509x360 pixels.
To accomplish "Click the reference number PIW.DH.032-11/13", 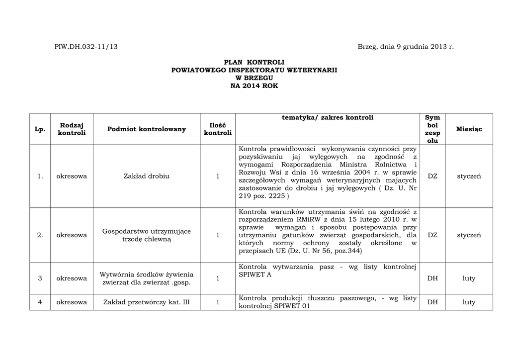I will [86, 47].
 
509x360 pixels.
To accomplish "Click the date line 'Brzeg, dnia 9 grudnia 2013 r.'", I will [406, 47].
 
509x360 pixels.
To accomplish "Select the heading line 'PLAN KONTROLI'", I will [254, 62].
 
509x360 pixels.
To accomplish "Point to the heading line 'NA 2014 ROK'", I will [254, 86].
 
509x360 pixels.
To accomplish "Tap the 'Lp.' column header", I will [40, 129].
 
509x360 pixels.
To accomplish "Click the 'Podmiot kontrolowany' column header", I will [147, 129].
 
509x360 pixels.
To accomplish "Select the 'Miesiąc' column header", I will [469, 129].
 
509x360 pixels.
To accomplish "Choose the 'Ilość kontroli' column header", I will [218, 129].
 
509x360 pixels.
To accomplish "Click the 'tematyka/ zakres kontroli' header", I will [328, 118].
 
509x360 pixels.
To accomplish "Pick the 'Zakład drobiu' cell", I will [147, 176].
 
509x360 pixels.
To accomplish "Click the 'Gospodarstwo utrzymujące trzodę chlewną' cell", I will [147, 235].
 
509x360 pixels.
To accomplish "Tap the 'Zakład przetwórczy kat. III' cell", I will [147, 302].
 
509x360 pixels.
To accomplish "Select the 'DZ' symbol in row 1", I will [432, 176].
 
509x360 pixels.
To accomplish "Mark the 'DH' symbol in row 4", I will [432, 302].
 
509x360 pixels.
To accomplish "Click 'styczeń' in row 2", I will [469, 235].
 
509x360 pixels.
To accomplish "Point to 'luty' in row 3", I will [469, 278].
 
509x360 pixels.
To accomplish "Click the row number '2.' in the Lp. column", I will [40, 235].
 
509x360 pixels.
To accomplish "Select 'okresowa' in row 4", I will [72, 302].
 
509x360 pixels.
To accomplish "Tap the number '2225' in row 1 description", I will [276, 196].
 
